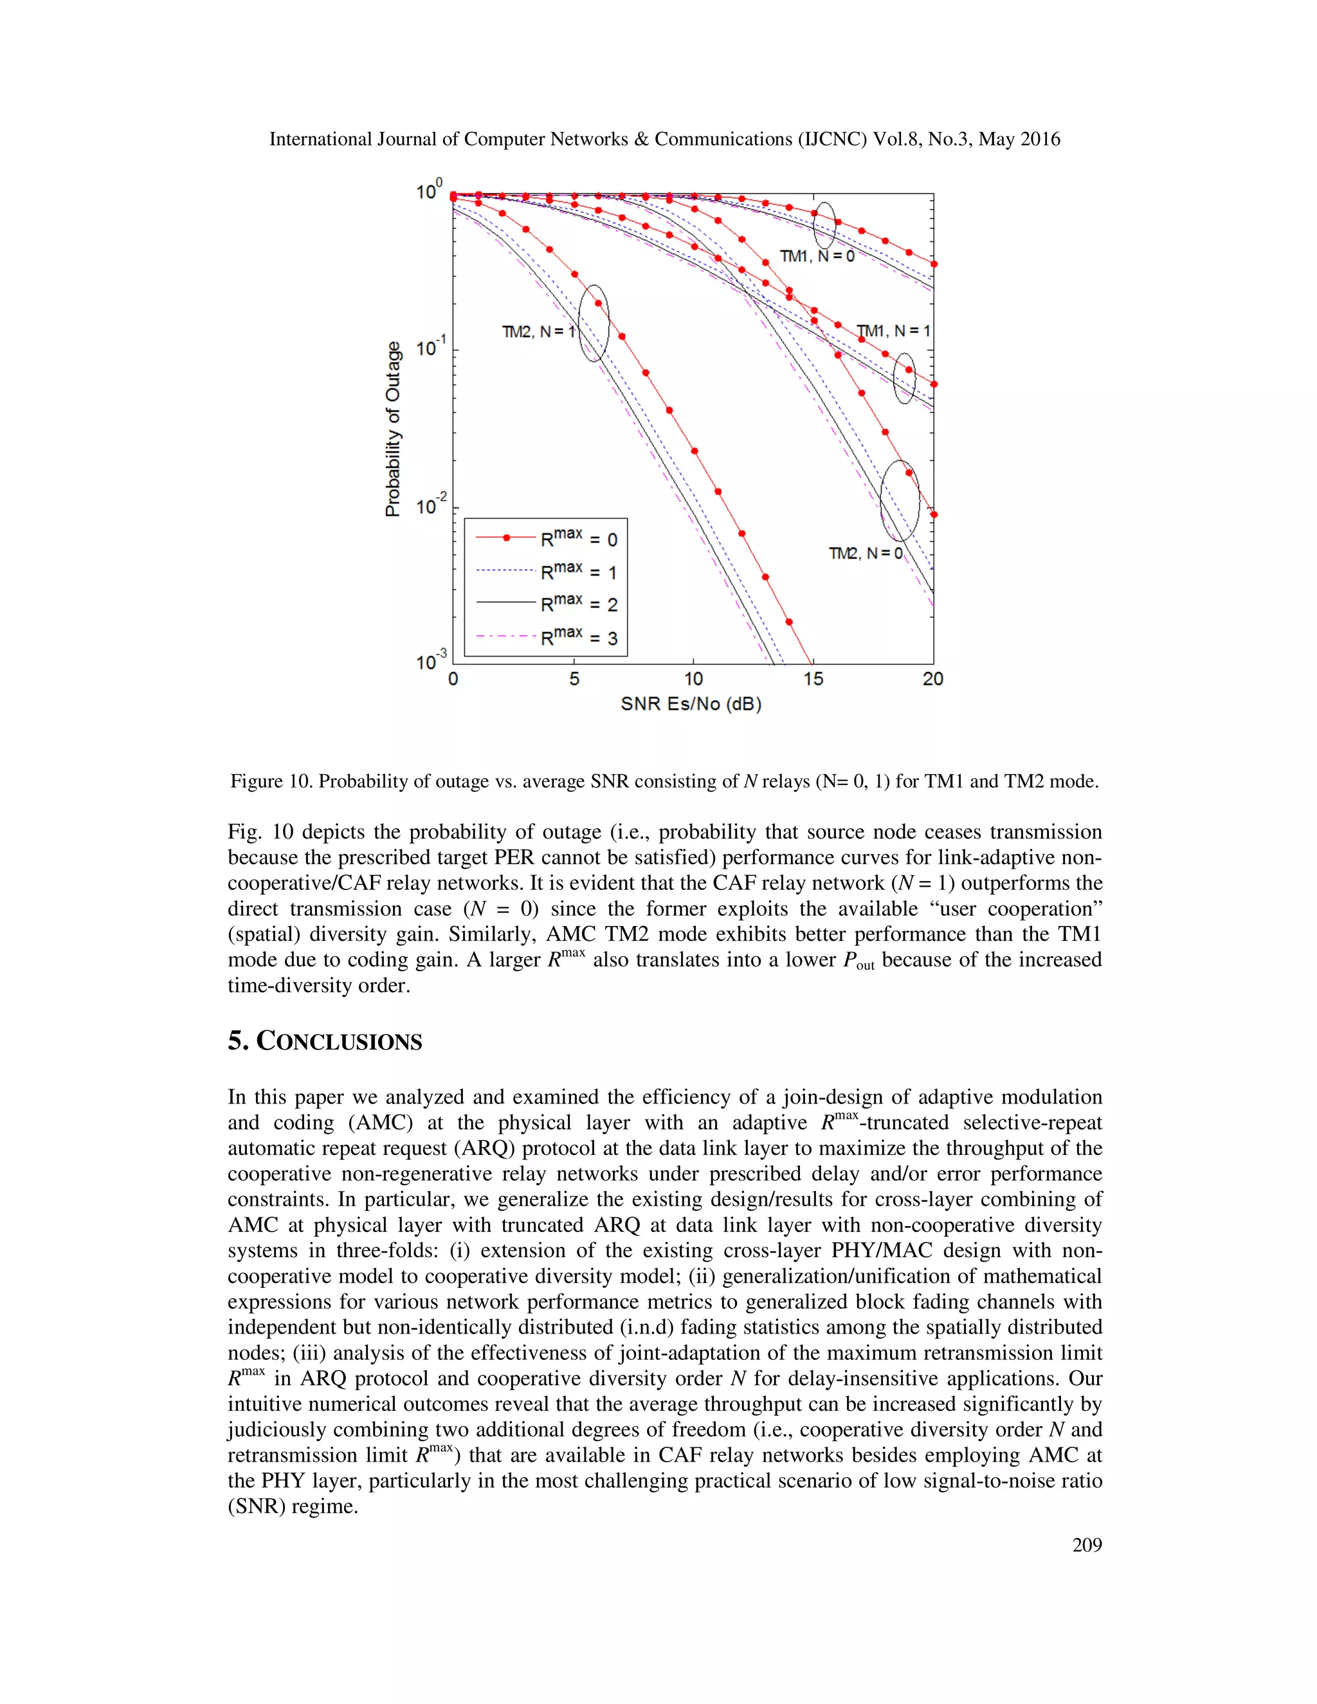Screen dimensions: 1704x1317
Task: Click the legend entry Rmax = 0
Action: tap(578, 538)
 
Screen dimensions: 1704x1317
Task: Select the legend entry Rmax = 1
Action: tap(578, 572)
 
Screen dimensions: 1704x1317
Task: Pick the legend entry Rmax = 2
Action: tap(578, 604)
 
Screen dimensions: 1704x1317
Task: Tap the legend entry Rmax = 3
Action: tap(578, 637)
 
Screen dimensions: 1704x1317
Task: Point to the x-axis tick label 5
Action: tap(574, 680)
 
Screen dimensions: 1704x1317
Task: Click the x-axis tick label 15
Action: tap(813, 680)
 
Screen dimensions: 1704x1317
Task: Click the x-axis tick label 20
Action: tap(932, 680)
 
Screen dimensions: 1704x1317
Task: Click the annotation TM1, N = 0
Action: tap(817, 256)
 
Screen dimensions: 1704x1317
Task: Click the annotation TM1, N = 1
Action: tap(894, 331)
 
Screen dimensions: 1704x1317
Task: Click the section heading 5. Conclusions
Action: tap(325, 1041)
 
